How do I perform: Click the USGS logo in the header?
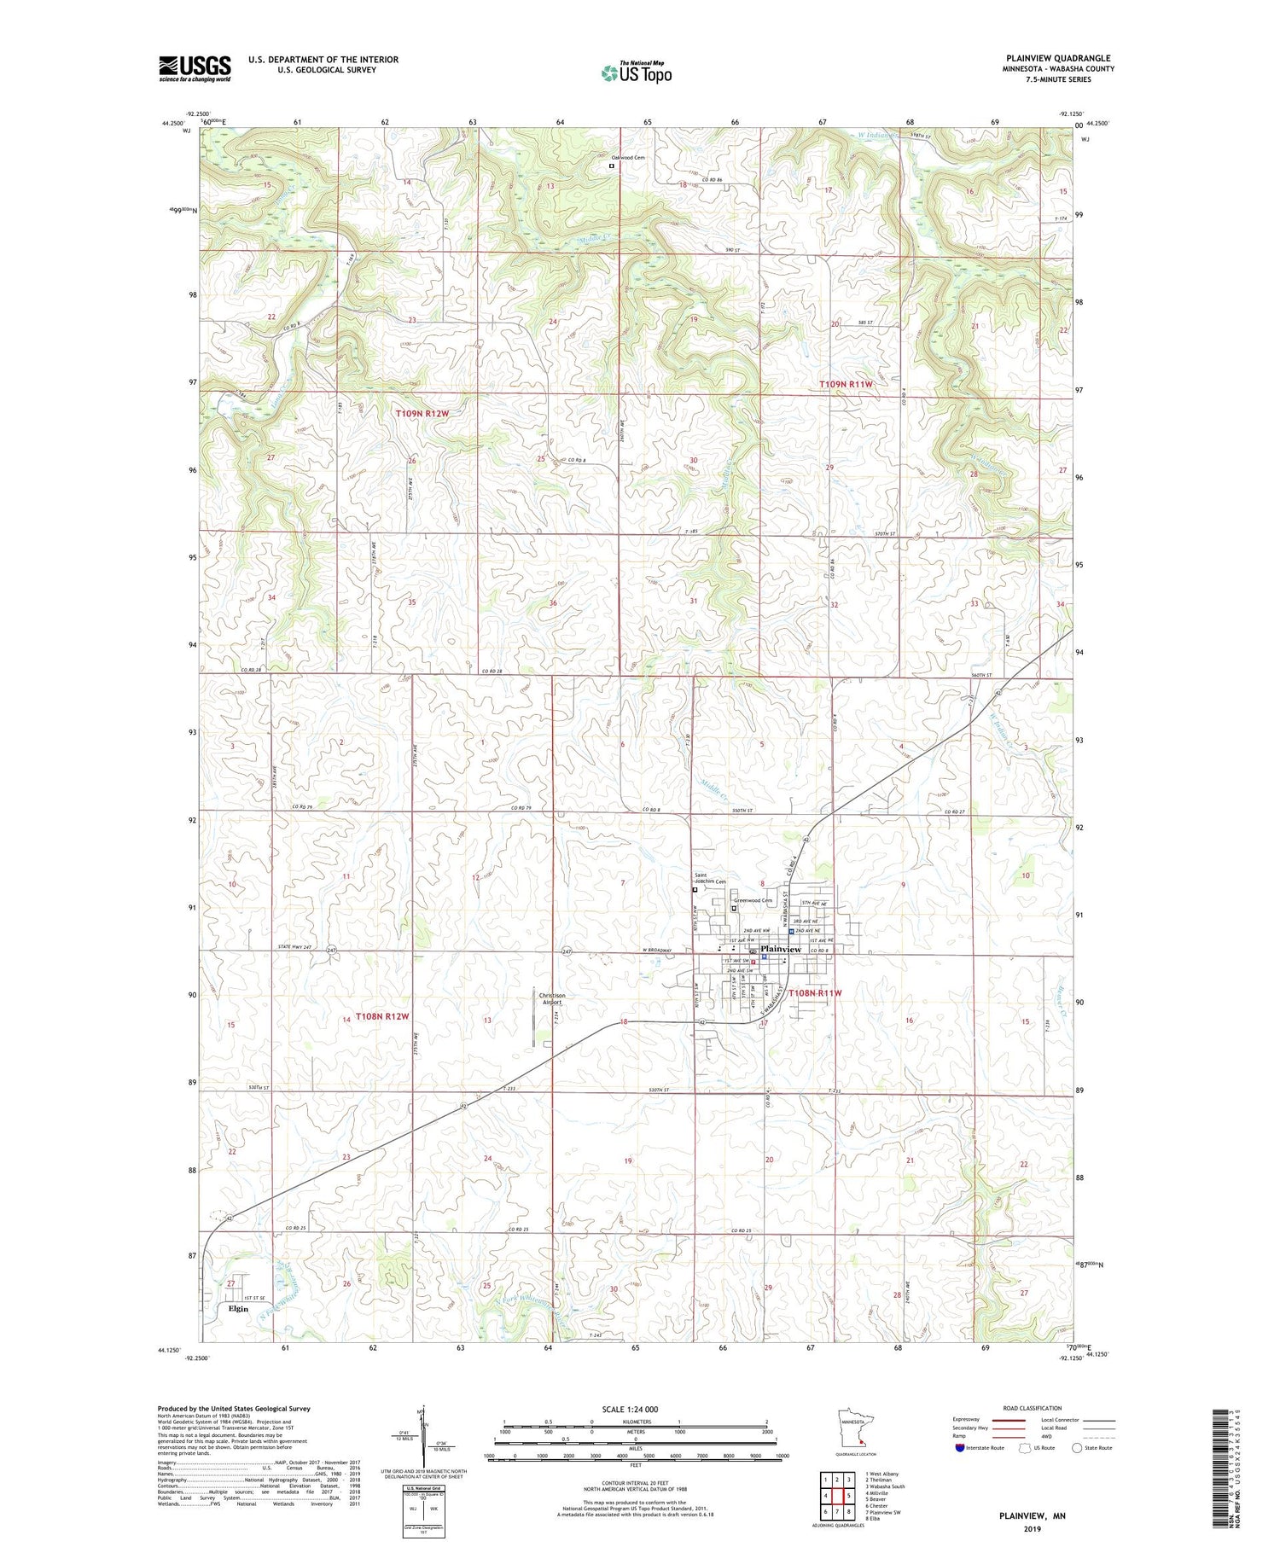(195, 68)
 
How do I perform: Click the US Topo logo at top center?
(637, 73)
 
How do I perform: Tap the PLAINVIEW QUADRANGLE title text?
(1058, 58)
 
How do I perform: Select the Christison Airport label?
(551, 999)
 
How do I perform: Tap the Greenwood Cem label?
(753, 900)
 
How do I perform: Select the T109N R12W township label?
(422, 413)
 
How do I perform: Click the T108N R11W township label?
(814, 993)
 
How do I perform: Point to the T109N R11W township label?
(846, 384)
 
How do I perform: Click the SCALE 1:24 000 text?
(635, 1409)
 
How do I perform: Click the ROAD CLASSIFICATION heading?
(1033, 1408)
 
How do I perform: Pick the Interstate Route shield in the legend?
(960, 1447)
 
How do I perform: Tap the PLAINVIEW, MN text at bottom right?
(1033, 1515)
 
